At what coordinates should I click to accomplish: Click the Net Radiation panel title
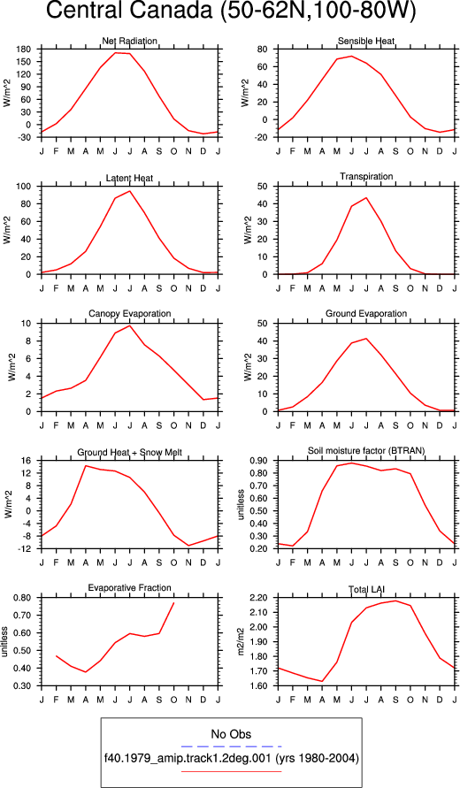coord(130,41)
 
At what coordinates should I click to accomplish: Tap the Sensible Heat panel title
coord(366,41)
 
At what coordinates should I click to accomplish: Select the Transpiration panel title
coord(366,176)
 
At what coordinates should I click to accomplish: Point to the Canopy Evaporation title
coord(130,314)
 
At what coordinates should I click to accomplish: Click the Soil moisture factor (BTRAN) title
coord(366,451)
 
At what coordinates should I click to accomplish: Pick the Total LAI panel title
coord(366,588)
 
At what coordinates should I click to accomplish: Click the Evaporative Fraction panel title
coord(130,588)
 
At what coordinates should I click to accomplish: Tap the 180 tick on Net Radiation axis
coord(25,50)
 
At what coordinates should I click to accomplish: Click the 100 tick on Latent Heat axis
coord(25,187)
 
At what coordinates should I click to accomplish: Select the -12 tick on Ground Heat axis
coord(26,549)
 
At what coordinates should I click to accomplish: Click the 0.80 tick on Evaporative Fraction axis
coord(24,598)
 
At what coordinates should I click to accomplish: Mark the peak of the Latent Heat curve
coord(130,191)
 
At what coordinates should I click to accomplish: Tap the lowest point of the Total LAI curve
coord(322,682)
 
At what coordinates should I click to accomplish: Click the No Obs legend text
coord(231,734)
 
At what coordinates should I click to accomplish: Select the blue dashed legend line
coord(231,746)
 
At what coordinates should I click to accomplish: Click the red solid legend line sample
coord(231,771)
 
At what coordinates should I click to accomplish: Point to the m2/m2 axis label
coord(241,642)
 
